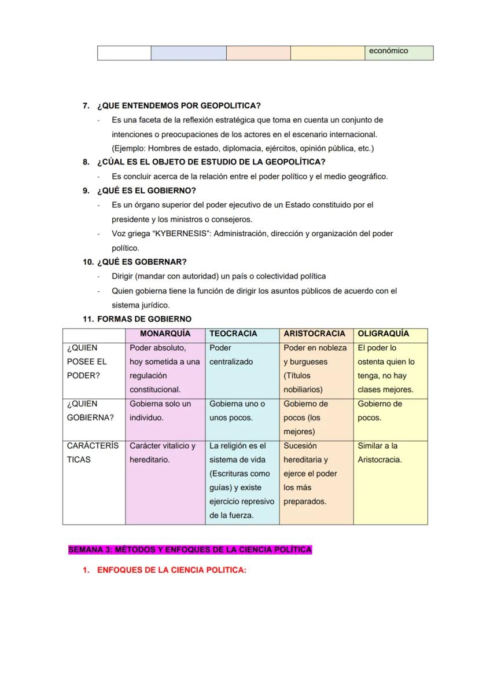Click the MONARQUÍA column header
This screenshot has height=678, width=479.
tap(165, 333)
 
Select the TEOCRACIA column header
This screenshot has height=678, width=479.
tap(233, 333)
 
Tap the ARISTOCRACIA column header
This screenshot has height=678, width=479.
tap(314, 333)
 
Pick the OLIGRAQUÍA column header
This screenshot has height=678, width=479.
tap(383, 333)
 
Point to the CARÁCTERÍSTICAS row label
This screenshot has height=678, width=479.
tap(93, 453)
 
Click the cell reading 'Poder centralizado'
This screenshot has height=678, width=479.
tap(231, 354)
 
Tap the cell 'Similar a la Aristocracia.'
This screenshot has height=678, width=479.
tap(380, 453)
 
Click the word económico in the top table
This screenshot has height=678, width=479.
tap(388, 51)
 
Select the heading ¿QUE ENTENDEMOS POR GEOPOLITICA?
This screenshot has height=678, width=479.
tap(179, 105)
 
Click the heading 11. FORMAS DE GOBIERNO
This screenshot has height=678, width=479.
tap(137, 319)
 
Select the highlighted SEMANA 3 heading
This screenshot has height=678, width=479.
tap(190, 549)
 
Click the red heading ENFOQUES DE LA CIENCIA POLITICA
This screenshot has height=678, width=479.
tap(171, 570)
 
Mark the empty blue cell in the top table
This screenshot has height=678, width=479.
tap(189, 53)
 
